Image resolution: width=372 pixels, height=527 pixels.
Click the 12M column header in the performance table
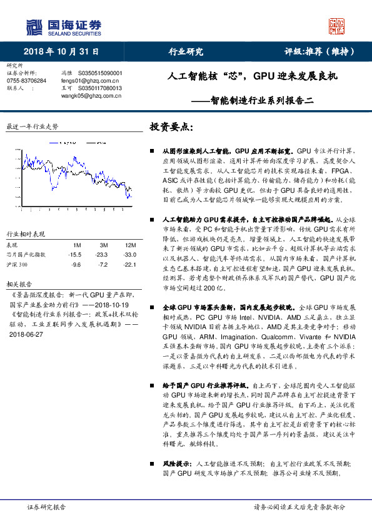131,244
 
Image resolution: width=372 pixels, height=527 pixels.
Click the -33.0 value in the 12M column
130,254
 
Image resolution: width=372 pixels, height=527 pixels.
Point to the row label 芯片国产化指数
26,254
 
